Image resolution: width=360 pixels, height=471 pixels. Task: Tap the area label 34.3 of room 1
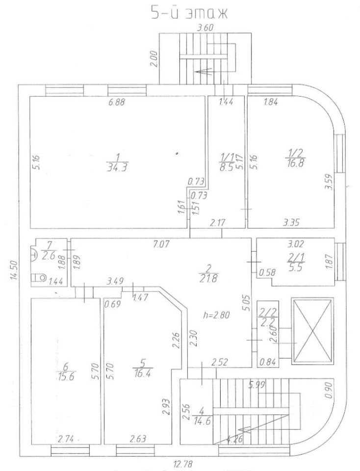click(x=115, y=168)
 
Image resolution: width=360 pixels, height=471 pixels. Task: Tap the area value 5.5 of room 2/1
click(x=296, y=262)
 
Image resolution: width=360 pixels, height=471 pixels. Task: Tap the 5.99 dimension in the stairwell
click(x=257, y=385)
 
